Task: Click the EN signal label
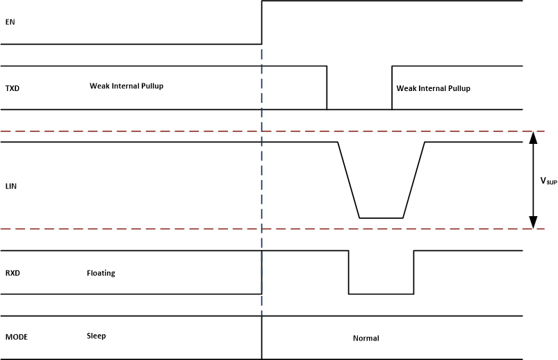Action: (x=10, y=22)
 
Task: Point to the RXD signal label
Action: (x=12, y=273)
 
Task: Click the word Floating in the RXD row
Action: (x=101, y=273)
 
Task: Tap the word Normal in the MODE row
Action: (x=366, y=338)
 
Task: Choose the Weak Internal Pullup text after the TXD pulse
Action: (x=433, y=88)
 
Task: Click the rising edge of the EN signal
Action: (x=261, y=22)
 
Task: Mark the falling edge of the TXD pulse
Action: (x=327, y=88)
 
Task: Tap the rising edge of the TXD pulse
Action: (x=392, y=88)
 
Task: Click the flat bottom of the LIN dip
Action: (x=381, y=218)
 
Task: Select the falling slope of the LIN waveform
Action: (x=348, y=181)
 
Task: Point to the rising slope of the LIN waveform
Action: (x=414, y=181)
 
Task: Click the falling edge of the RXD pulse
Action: (x=348, y=272)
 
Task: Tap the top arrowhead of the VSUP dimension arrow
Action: (x=533, y=136)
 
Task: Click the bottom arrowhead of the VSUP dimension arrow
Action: (x=533, y=224)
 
